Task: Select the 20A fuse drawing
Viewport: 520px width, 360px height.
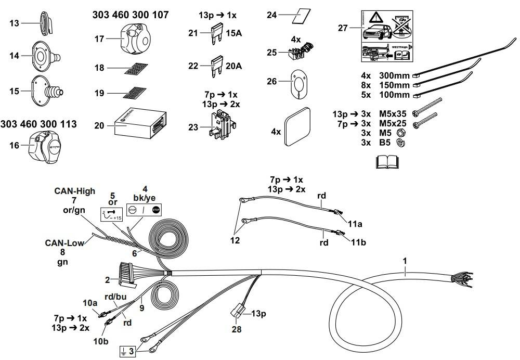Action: pos(215,66)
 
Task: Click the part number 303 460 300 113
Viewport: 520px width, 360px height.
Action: pos(38,124)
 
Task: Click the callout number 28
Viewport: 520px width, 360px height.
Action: pos(237,329)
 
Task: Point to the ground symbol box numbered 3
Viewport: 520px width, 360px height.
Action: pos(127,351)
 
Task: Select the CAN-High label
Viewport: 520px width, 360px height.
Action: pos(75,191)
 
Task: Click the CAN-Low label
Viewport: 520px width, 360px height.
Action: pos(62,242)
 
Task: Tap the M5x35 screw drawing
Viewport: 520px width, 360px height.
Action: pos(427,108)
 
